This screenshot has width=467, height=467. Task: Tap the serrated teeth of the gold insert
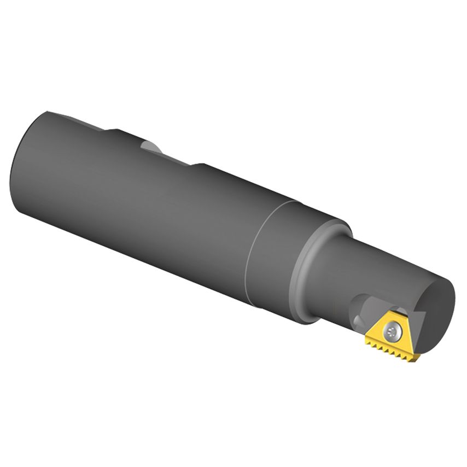point(392,348)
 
